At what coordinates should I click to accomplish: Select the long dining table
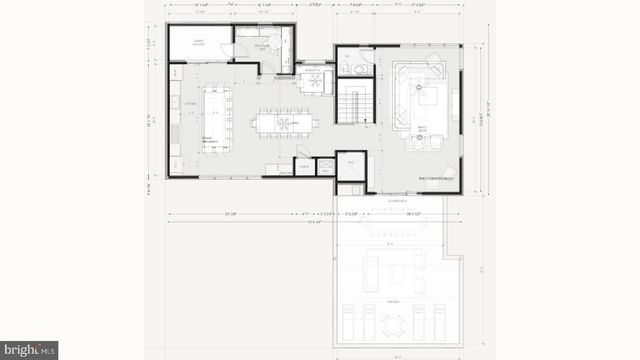[286, 123]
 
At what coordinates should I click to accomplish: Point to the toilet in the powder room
[345, 67]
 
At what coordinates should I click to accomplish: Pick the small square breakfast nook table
[314, 78]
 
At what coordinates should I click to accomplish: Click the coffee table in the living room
[427, 97]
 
